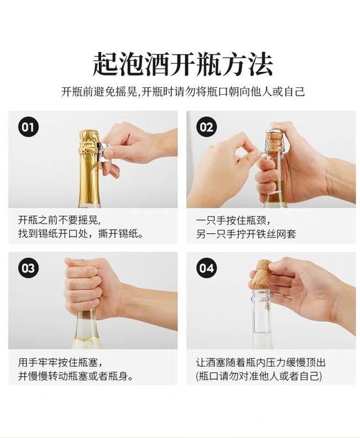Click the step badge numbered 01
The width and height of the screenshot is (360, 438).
(28, 127)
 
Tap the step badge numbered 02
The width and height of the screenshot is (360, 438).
(206, 127)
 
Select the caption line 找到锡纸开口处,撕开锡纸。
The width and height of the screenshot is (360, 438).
(81, 235)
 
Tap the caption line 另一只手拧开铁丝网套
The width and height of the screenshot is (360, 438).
(246, 235)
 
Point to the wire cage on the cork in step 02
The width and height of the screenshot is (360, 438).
(275, 142)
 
